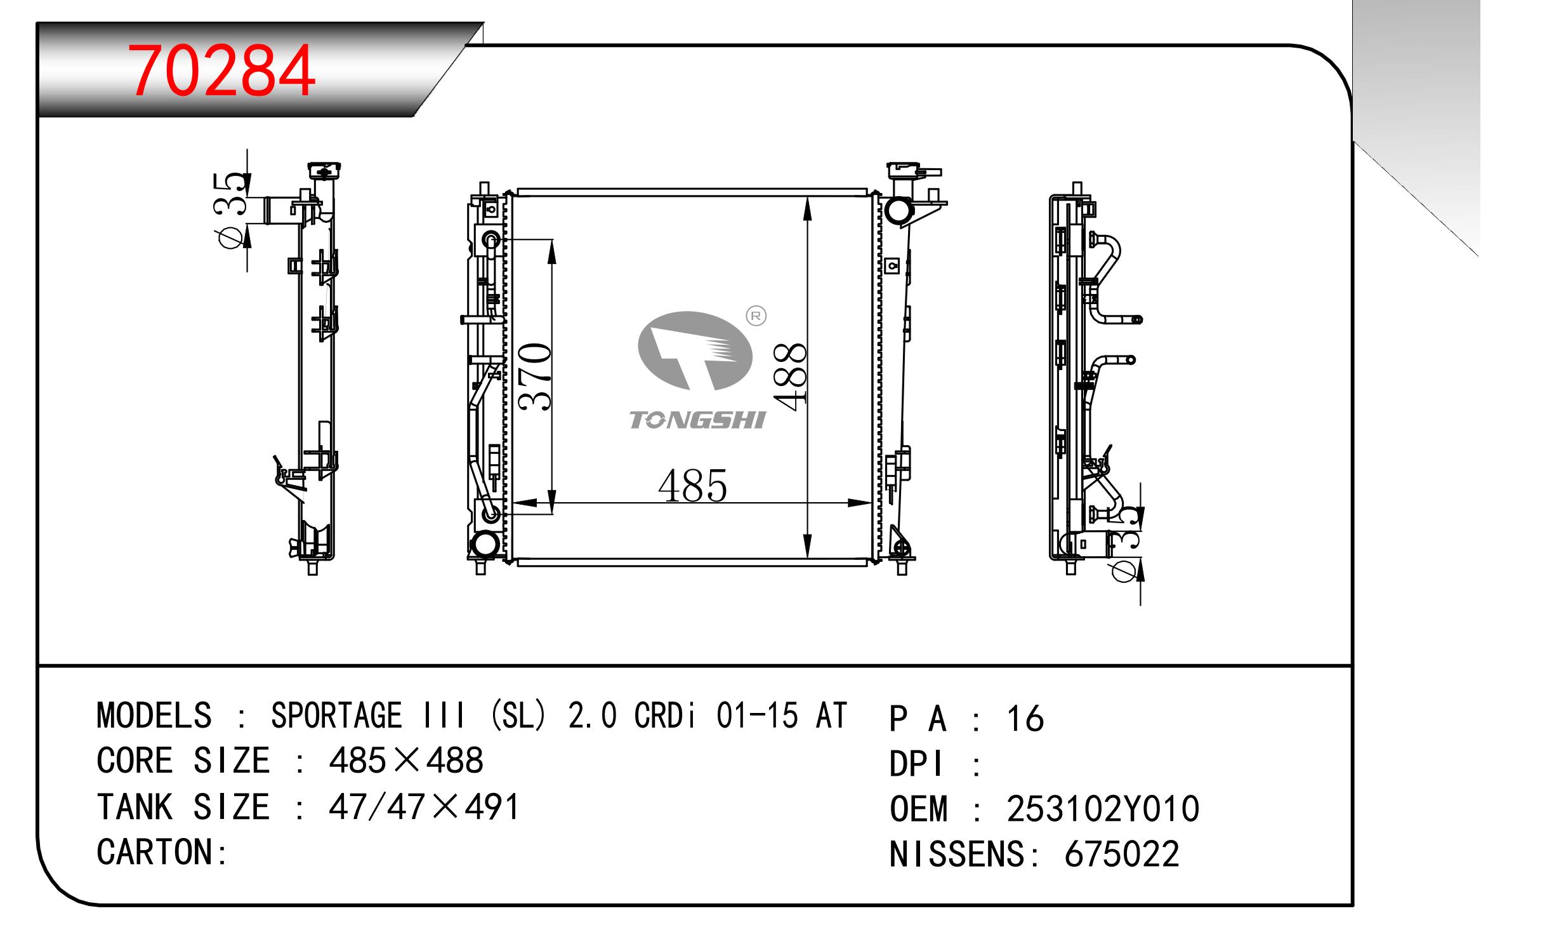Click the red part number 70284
point(221,70)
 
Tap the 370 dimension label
point(534,376)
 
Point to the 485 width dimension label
point(692,486)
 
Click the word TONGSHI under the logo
point(697,420)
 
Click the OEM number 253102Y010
point(1103,809)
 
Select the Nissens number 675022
point(1122,854)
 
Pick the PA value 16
point(1025,719)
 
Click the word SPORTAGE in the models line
point(336,715)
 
